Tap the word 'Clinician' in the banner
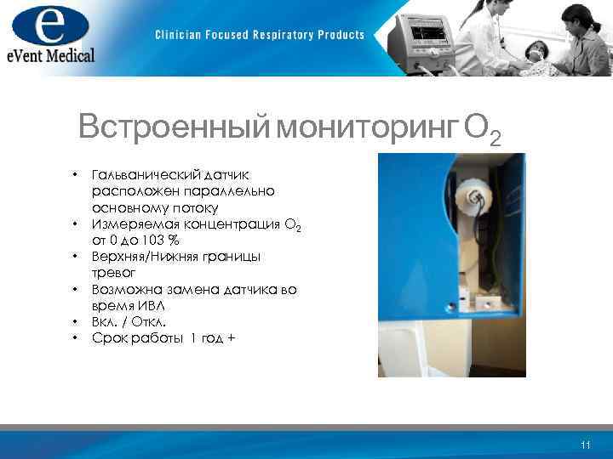click(180, 35)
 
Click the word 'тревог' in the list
click(113, 272)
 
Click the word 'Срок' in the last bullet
click(109, 338)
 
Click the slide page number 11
click(584, 445)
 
